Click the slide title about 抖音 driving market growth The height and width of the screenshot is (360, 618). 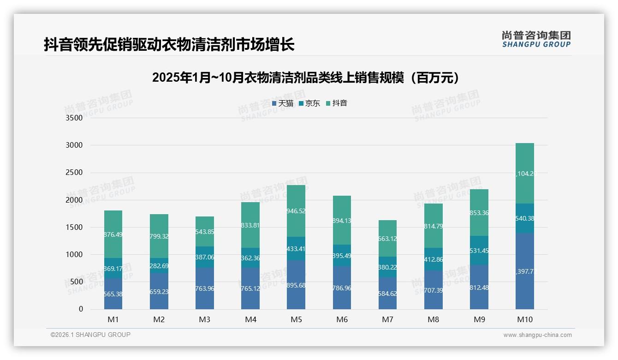click(x=169, y=45)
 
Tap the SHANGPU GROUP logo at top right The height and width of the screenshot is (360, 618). click(x=536, y=39)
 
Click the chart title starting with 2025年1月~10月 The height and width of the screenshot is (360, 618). click(x=306, y=78)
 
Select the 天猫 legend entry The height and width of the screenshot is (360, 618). click(x=282, y=103)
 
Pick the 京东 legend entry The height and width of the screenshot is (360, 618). click(x=309, y=103)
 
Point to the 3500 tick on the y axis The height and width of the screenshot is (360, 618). click(x=74, y=118)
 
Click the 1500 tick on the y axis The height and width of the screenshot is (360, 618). click(x=74, y=227)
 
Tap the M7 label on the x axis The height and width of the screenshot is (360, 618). click(x=387, y=319)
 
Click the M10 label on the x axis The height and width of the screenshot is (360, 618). click(x=525, y=319)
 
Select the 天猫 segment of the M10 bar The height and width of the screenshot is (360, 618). click(x=525, y=271)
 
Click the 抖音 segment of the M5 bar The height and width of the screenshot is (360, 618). click(x=296, y=211)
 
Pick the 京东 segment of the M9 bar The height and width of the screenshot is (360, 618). click(x=479, y=250)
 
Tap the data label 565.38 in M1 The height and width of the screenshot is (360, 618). click(x=113, y=294)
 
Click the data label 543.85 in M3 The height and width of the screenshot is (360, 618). click(x=205, y=232)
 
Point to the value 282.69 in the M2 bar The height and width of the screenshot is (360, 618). click(x=159, y=266)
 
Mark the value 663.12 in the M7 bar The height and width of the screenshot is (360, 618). click(x=387, y=239)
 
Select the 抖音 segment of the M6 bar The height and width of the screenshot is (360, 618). click(x=342, y=220)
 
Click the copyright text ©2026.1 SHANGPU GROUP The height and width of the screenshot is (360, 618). click(x=90, y=335)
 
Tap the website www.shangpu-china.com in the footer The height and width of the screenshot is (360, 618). click(x=537, y=335)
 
